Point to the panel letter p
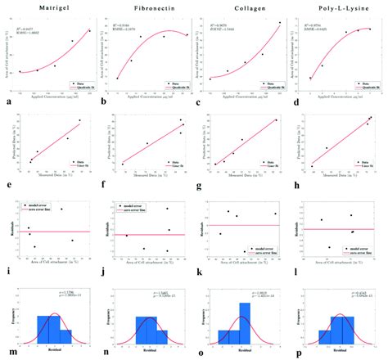293,353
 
